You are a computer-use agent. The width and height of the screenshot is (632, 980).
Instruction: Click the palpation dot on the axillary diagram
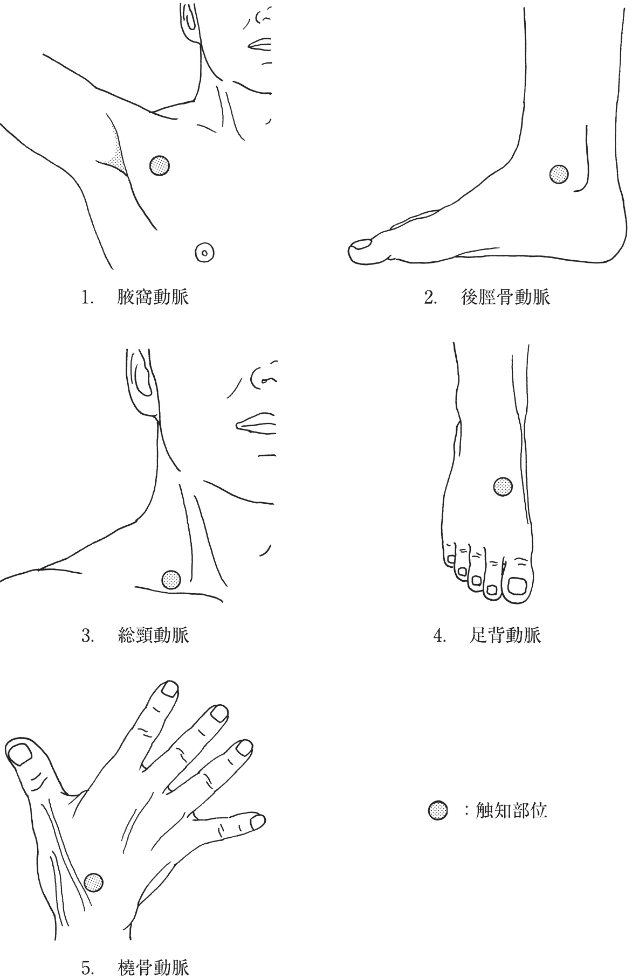[159, 165]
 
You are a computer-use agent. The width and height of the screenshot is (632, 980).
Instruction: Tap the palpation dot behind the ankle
[559, 174]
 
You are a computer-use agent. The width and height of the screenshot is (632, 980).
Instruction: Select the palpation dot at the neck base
[171, 580]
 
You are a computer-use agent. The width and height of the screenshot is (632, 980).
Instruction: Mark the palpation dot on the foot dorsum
[503, 487]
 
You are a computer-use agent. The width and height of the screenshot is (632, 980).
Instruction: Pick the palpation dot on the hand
[94, 882]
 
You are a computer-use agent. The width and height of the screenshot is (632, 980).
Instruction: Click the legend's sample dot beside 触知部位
[437, 810]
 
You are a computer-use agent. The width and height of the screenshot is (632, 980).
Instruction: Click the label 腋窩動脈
[153, 297]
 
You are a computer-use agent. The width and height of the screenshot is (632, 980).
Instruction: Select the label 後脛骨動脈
[505, 297]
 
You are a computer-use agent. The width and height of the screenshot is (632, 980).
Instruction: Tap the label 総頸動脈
[153, 635]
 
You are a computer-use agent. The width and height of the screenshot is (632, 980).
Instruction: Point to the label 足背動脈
[505, 635]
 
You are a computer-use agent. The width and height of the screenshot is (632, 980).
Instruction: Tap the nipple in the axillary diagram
[204, 251]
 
